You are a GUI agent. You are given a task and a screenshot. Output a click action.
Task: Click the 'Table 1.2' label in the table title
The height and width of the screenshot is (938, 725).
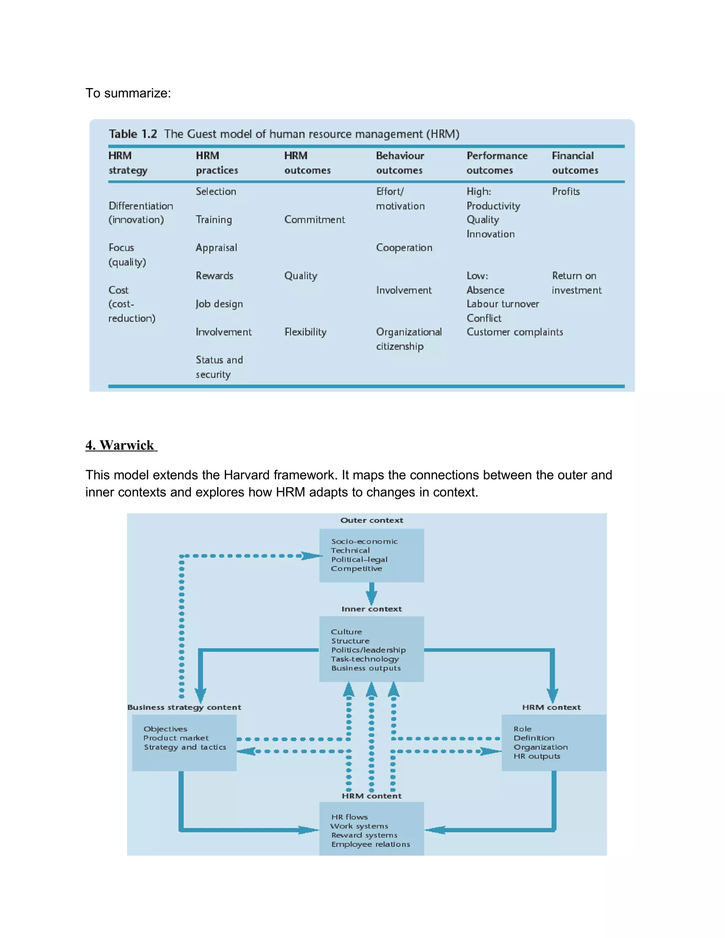tap(132, 134)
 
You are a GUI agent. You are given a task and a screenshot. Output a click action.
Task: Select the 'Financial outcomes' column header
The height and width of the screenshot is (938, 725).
tap(574, 163)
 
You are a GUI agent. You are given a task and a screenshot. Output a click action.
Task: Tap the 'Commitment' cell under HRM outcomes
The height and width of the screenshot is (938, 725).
tap(314, 219)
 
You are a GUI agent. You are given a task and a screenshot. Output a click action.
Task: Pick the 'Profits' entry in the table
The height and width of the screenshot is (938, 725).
tap(566, 191)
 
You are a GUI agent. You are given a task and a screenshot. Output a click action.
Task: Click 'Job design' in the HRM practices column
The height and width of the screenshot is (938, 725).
tap(219, 304)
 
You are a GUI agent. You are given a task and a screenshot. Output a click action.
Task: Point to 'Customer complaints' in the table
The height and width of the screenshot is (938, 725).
tap(514, 332)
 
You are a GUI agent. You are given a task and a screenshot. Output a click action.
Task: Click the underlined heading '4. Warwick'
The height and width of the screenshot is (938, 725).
tap(121, 445)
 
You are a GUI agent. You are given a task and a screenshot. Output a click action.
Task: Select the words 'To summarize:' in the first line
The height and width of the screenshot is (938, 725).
tap(128, 93)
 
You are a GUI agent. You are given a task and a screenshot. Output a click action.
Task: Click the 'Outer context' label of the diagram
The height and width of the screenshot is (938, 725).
tap(371, 520)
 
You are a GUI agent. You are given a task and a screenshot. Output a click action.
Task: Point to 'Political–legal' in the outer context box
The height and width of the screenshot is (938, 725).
tap(359, 559)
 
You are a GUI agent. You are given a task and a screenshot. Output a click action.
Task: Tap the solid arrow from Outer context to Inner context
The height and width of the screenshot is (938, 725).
tap(371, 594)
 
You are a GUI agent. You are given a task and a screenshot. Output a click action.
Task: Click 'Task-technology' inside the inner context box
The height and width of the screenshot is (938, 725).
tap(365, 659)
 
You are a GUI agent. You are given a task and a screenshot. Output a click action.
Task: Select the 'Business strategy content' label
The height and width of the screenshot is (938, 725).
tap(184, 707)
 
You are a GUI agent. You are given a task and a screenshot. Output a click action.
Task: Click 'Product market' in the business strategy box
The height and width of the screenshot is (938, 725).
tap(176, 738)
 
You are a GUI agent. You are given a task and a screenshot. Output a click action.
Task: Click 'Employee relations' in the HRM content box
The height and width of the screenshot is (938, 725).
tap(370, 844)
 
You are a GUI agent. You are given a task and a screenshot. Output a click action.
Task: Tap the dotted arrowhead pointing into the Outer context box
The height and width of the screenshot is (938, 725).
tap(311, 556)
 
